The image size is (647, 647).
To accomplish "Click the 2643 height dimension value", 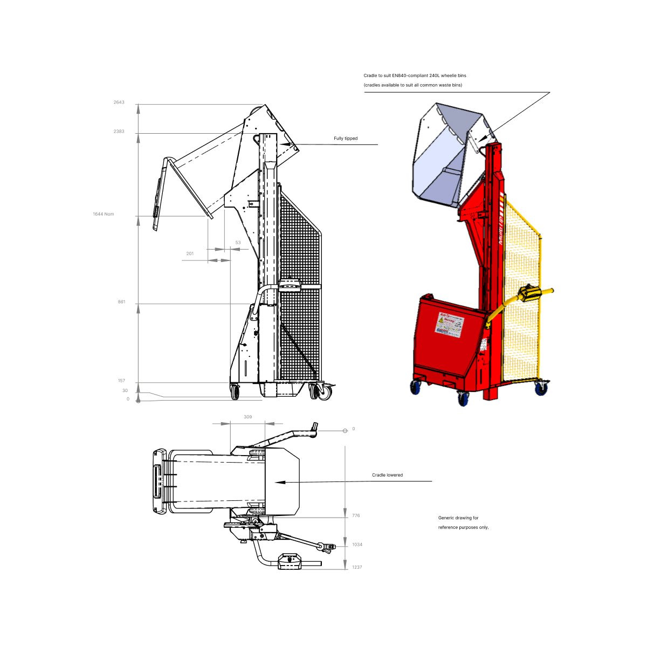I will click(x=119, y=102).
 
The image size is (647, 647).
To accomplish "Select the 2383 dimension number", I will click(x=119, y=132).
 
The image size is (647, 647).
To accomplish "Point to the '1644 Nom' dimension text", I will click(x=103, y=214).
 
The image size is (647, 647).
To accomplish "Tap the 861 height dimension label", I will click(x=121, y=302).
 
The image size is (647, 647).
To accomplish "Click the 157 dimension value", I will click(x=121, y=381).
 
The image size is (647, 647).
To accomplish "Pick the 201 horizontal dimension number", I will click(x=190, y=253).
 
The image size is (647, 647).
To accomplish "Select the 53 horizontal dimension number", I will click(x=238, y=243).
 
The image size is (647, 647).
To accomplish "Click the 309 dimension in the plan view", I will click(x=247, y=417).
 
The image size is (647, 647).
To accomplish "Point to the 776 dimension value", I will click(x=356, y=515).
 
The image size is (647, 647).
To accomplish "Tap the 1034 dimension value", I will click(x=357, y=545).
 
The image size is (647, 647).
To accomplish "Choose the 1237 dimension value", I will click(x=357, y=567).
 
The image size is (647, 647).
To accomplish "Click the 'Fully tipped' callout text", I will click(x=346, y=139).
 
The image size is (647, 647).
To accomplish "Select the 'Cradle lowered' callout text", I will click(x=387, y=475).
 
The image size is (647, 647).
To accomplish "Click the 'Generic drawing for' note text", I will click(x=458, y=518).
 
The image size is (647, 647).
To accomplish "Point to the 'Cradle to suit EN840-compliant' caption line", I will click(x=415, y=75).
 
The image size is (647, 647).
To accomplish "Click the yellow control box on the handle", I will click(x=528, y=293).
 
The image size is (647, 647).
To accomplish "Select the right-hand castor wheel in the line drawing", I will click(x=324, y=393).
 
